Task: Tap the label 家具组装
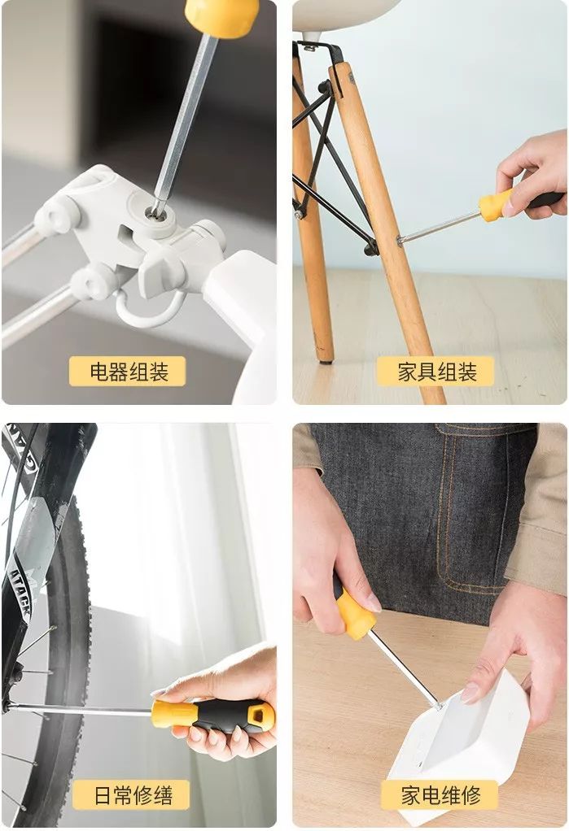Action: (x=436, y=372)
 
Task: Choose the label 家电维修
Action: (x=440, y=795)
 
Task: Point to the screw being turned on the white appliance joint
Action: (x=156, y=212)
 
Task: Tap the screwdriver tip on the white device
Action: (x=438, y=705)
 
